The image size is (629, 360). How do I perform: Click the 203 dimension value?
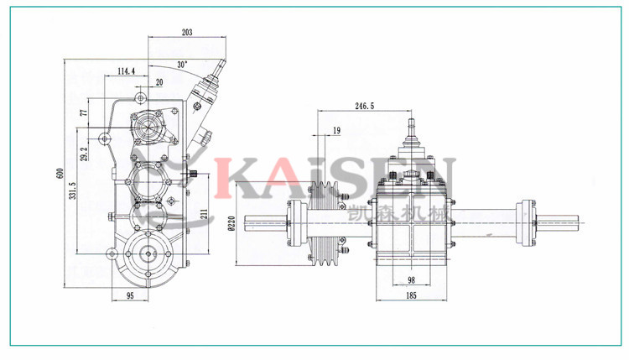pos(186,33)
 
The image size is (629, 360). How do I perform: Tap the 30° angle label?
pos(182,65)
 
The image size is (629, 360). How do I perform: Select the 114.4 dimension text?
pos(127,71)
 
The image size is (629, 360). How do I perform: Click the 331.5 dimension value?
pos(73,193)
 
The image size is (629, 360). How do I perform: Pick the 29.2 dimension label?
pos(84,154)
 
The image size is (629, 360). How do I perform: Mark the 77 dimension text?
pos(84,113)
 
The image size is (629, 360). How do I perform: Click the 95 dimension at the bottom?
pos(131,296)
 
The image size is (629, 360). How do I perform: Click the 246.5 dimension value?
pos(365,107)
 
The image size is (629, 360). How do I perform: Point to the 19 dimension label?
pos(335,130)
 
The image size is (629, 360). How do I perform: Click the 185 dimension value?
pos(411,296)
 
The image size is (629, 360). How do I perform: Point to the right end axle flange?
pos(528,222)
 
